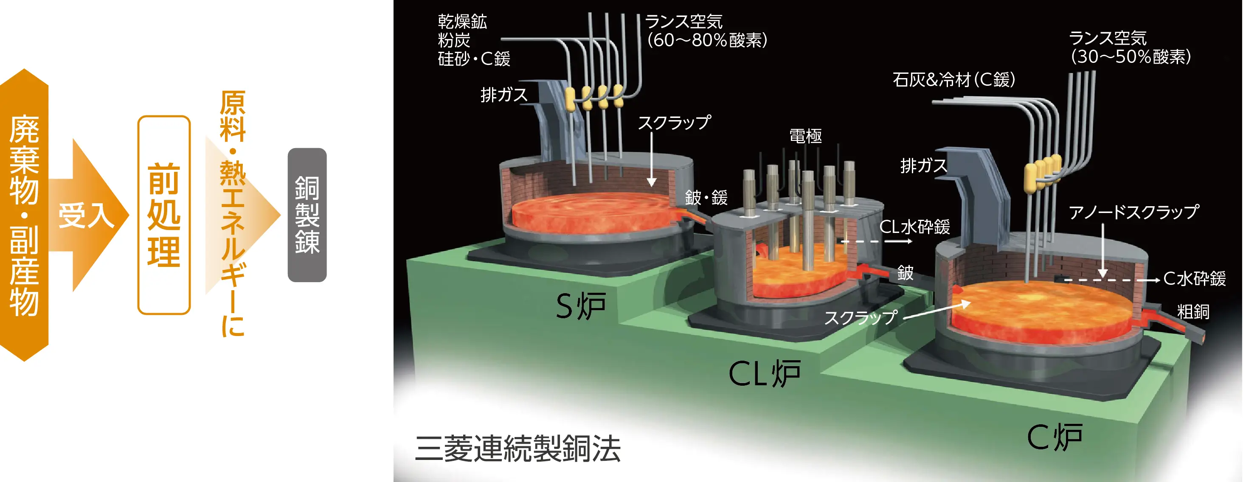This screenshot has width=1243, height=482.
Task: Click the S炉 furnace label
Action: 580,306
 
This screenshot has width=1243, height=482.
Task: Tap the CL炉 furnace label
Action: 764,373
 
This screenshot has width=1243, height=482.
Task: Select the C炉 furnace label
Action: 1055,437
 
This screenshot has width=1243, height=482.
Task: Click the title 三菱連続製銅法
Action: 517,448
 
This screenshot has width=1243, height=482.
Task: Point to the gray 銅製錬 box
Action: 307,215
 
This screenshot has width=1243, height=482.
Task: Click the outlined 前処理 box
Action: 164,215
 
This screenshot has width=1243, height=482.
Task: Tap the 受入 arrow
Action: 87,215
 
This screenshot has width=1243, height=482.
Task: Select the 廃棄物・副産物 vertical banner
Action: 24,215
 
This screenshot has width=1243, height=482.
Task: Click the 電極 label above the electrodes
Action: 805,136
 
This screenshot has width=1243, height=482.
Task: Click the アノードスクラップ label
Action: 1133,212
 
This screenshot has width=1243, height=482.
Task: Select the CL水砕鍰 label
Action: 914,227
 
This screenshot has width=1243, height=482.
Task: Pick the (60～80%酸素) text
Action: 707,40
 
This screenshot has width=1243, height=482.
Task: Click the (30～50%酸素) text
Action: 1131,57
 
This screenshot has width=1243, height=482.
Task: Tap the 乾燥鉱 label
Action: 462,21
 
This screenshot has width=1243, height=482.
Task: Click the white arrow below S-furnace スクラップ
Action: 651,159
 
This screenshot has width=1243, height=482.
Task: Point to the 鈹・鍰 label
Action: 706,197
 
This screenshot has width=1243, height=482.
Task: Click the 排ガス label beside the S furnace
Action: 504,95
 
